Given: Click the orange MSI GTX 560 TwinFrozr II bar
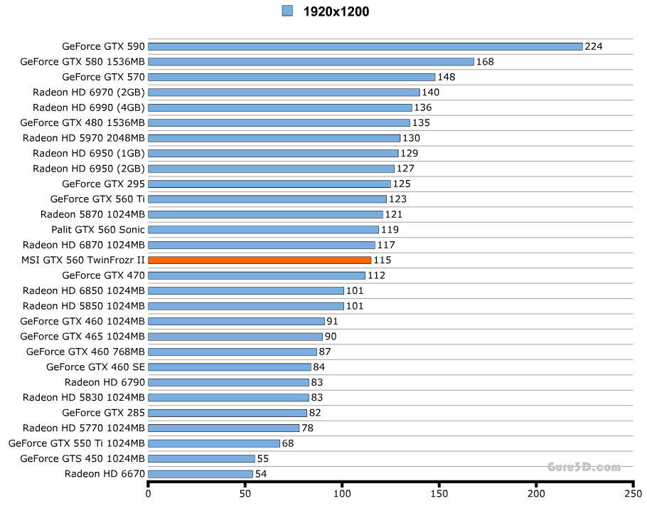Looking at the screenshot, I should (260, 260).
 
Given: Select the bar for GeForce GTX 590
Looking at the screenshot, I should (365, 47).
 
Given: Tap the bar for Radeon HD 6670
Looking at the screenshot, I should (200, 474).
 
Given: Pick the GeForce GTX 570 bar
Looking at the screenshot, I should (292, 78).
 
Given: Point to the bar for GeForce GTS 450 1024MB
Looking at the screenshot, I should (201, 459).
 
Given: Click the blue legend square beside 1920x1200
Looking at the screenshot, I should (287, 11).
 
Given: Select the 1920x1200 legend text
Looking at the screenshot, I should (336, 11).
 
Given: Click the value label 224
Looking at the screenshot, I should (594, 47).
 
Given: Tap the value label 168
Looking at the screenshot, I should (485, 62).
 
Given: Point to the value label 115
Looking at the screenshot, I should (383, 260).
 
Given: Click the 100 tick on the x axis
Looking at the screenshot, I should (343, 492).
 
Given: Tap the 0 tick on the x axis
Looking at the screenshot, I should (148, 492).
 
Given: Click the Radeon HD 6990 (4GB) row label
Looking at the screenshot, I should (89, 108).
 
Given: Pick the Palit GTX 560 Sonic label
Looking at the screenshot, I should (98, 230).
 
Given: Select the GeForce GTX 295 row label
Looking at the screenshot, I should (104, 184).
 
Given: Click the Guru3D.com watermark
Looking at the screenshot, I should (584, 468).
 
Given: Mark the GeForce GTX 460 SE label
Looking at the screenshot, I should (95, 367).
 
